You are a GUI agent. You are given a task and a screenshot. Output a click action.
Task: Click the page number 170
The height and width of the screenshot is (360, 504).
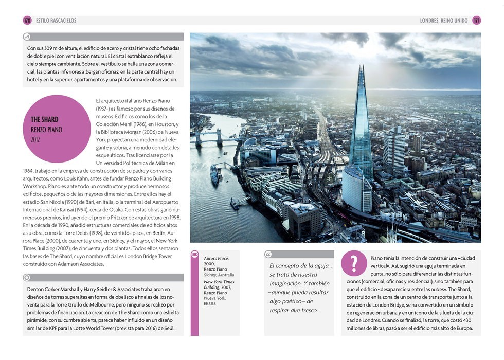click(x=27, y=21)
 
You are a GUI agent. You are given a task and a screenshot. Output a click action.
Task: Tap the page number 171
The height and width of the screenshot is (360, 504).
click(x=477, y=21)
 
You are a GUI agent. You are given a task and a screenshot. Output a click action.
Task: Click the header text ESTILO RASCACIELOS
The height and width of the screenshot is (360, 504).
click(x=56, y=21)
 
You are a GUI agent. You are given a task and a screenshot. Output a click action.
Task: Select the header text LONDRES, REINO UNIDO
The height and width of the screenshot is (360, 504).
click(x=444, y=21)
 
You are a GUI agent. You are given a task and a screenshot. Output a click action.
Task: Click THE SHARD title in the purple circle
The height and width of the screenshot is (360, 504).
click(x=45, y=119)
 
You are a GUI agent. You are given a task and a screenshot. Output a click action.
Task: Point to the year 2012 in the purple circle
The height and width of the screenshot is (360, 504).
click(x=35, y=139)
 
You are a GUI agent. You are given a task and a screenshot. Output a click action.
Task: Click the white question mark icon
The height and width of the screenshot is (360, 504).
click(x=354, y=263)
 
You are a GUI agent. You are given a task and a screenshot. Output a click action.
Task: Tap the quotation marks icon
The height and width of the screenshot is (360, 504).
click(x=269, y=254)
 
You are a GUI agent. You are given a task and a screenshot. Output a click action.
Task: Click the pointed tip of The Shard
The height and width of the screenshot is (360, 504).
click(x=362, y=66)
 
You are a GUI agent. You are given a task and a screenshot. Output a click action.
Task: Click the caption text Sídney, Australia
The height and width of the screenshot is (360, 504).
click(x=219, y=275)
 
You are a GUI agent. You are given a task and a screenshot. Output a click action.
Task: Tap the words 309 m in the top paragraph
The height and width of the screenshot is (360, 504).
click(x=50, y=48)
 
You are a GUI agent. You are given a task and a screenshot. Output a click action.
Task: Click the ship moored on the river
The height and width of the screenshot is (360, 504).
click(x=214, y=175)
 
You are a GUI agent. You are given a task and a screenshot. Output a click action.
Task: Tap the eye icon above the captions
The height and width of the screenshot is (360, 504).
click(x=195, y=254)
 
